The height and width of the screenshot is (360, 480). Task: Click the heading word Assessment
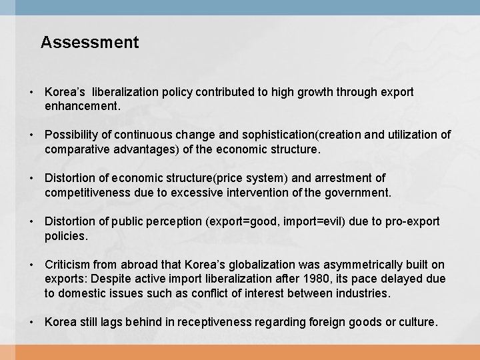tap(89, 43)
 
